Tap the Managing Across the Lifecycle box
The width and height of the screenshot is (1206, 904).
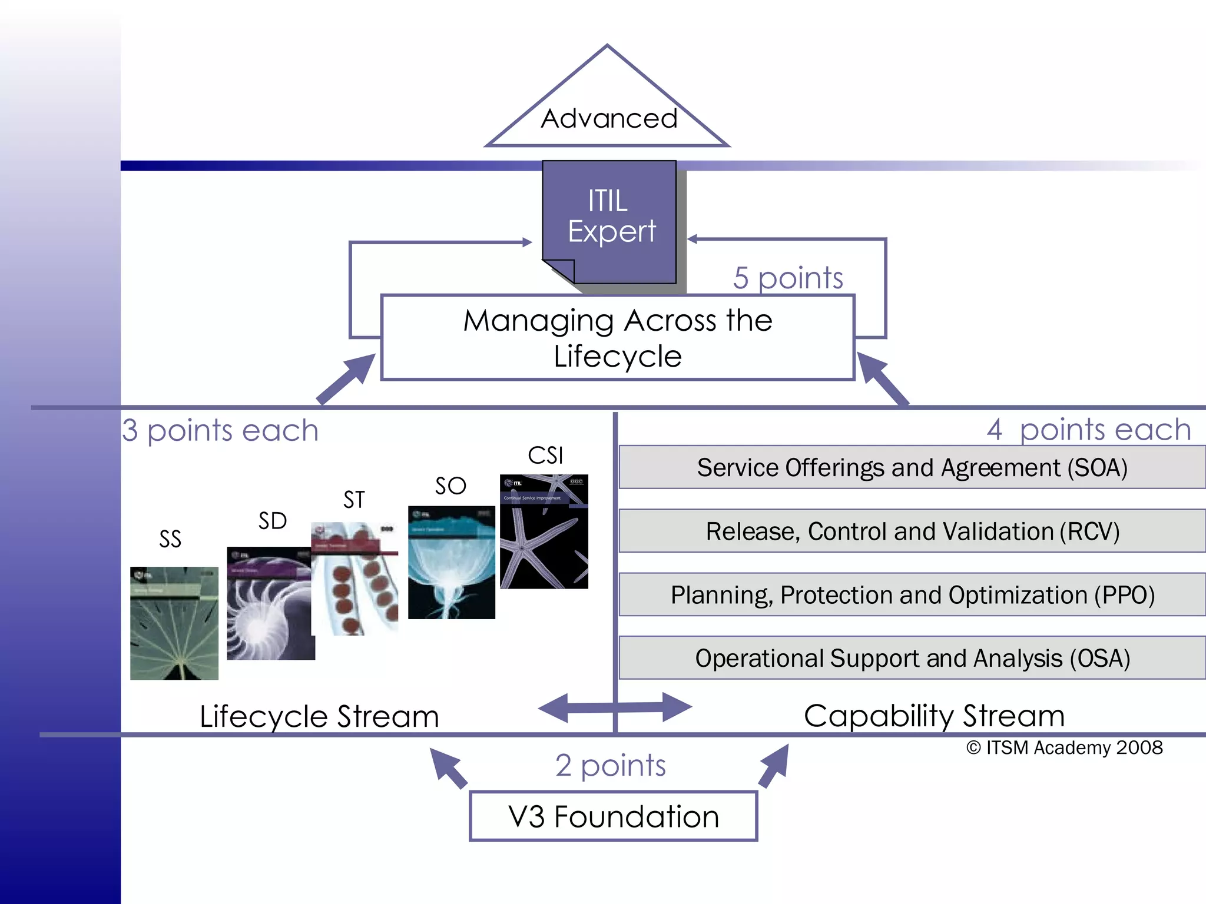click(x=617, y=338)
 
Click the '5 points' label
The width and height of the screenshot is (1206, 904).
click(x=788, y=277)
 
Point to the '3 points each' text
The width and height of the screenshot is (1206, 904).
click(x=220, y=430)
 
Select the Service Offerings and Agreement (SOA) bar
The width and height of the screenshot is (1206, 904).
click(x=912, y=467)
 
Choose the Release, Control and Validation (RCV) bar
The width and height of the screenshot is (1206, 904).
click(x=912, y=531)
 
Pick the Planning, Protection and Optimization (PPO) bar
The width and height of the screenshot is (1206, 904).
click(x=912, y=594)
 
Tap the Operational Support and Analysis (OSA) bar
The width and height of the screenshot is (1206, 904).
click(x=912, y=658)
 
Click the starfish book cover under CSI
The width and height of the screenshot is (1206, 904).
click(x=544, y=531)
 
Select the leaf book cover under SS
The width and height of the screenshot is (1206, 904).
click(x=174, y=623)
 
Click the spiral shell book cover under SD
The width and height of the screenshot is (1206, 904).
click(x=270, y=603)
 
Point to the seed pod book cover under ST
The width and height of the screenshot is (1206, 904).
click(x=354, y=579)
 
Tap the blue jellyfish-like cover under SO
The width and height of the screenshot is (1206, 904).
click(x=452, y=562)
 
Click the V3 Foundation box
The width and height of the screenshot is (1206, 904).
click(x=613, y=816)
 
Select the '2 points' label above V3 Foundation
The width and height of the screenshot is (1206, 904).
click(x=611, y=765)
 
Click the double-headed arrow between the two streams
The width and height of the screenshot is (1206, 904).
click(x=615, y=707)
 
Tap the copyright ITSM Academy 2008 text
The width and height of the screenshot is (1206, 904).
click(x=1064, y=747)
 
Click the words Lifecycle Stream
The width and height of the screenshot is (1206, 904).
click(x=319, y=716)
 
